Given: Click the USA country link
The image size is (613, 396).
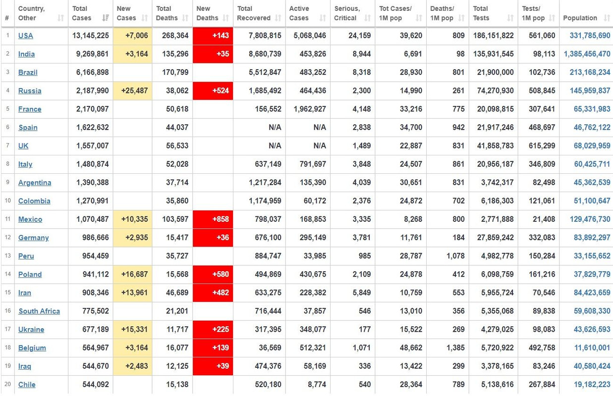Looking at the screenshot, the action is pos(25,36).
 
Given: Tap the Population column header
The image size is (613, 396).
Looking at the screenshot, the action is pos(580,18).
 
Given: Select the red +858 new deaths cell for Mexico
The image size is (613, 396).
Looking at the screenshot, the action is pos(213,219).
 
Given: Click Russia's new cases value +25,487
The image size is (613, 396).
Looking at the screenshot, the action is pos(132,91).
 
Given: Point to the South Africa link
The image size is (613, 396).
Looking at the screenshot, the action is pos(39,311).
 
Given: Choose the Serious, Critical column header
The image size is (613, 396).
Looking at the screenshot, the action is pos(347,13).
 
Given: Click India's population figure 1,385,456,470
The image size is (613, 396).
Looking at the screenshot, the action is pos(587,54).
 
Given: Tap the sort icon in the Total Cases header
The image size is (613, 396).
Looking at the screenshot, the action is pos(106,18).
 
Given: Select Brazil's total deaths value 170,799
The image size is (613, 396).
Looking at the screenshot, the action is pos(175,72).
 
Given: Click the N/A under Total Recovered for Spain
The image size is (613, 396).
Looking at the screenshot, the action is pos(275,127).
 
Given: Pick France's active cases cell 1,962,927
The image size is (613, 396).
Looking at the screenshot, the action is pos(310,109).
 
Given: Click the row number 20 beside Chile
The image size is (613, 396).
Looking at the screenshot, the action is pos(7,384).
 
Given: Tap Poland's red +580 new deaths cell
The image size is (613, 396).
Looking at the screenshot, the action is pos(213,274).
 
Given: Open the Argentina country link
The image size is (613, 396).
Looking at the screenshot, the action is pos(35,183).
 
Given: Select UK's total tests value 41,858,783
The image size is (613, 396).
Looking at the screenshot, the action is pos(496,146).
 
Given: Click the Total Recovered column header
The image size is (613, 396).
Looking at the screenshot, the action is pos(253,13).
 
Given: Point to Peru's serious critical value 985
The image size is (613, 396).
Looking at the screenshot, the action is pos(365,256).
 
